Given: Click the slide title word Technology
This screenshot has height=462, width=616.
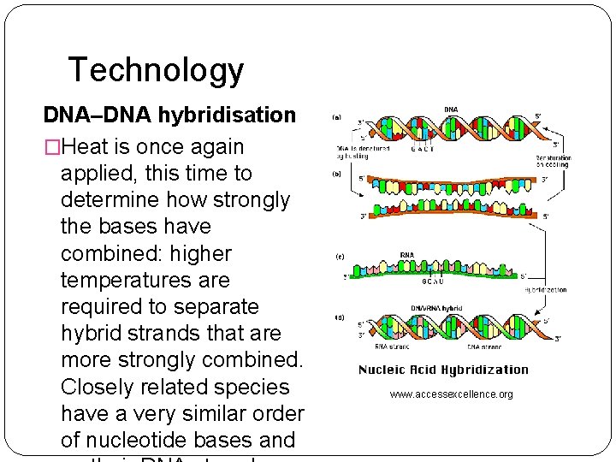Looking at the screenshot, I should pos(155,70).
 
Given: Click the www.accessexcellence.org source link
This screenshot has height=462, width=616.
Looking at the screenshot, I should pos(451,394).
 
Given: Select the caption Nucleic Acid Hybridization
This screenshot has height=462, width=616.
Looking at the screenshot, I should pos(443,370).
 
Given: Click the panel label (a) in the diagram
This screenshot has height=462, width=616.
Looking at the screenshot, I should pos(336,117).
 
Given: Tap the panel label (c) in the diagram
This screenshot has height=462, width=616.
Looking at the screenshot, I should pos(338,257).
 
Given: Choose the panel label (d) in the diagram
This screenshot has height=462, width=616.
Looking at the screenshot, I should pos(338,317).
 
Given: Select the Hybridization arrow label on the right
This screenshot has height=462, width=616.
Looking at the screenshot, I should pos(545,290).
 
